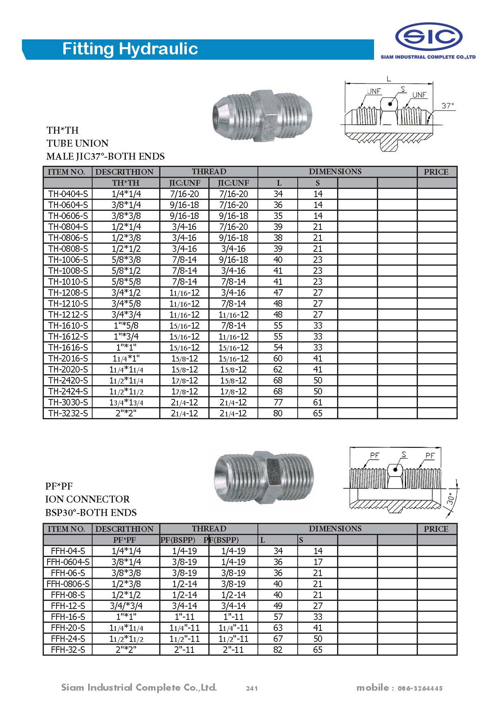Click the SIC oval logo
428,37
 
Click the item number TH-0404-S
68,194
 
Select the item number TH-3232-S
68,413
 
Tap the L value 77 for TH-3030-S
278,402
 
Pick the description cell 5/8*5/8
126,282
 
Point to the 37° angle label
448,106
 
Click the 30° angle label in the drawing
451,499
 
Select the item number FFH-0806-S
68,584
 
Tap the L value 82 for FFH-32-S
278,650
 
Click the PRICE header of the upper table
436,172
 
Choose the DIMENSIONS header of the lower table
335,529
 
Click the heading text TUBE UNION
78,143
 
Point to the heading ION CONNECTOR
87,499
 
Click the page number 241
252,688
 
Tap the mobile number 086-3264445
420,688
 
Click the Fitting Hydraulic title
130,49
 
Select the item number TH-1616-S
68,347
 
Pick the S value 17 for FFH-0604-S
318,562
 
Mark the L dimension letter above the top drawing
389,79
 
